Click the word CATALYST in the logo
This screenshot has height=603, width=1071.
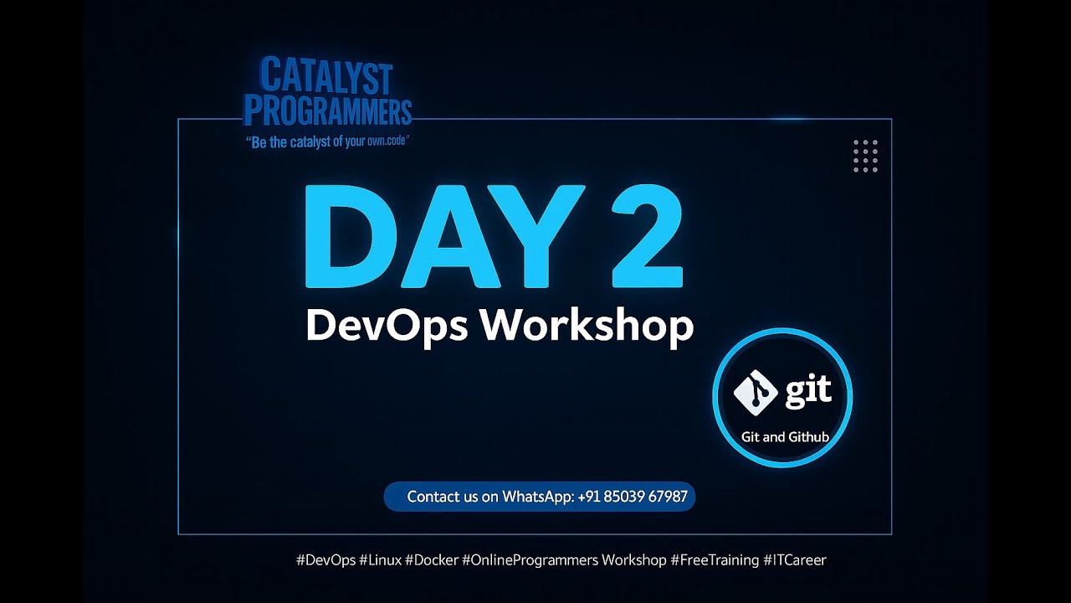tap(326, 77)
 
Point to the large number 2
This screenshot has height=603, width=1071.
tap(640, 238)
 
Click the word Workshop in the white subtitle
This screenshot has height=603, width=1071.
tap(587, 325)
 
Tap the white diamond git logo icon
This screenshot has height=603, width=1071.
tap(756, 391)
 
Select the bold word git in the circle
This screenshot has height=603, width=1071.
tap(807, 391)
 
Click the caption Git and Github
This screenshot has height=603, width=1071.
tap(785, 436)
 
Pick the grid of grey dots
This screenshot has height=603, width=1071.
tap(865, 156)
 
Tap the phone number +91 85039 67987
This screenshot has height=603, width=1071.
tap(633, 497)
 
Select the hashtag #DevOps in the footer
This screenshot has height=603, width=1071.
tap(325, 559)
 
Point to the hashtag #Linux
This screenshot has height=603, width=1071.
tap(380, 559)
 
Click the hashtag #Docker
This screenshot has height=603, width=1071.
tap(431, 559)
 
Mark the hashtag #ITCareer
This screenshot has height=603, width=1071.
tap(794, 559)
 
